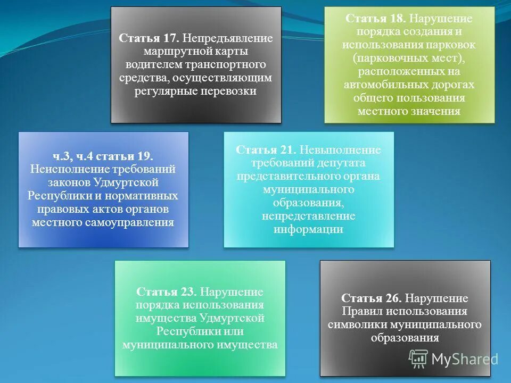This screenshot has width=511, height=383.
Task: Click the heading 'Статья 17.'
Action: coord(149,38)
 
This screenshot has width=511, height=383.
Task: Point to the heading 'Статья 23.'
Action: coord(167,292)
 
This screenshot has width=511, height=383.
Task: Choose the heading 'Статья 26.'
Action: coord(372,298)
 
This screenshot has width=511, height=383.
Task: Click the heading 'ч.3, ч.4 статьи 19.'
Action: coord(103,156)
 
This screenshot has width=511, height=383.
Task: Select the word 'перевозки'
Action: coord(229,91)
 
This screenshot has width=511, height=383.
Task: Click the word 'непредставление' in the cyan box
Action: coord(308,217)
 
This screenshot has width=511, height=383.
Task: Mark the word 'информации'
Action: coord(308,230)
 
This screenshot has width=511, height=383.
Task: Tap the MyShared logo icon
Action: coord(418,359)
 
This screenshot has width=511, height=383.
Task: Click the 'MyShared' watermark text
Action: coord(464,360)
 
